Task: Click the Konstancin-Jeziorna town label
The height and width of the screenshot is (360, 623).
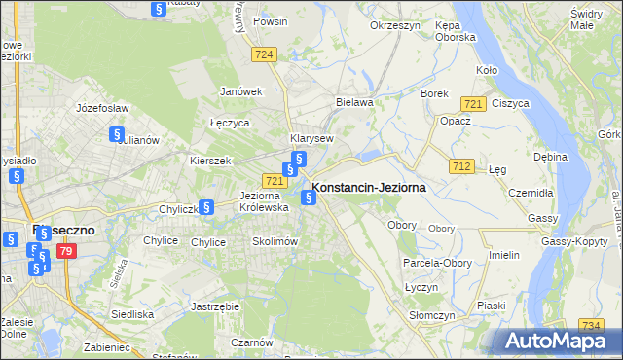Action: (x=369, y=188)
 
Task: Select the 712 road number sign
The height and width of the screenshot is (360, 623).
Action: (x=462, y=167)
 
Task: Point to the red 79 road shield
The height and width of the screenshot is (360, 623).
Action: (x=65, y=252)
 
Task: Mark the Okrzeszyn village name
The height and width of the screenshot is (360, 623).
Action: (x=393, y=25)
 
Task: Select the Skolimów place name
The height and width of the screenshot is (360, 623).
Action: (x=274, y=241)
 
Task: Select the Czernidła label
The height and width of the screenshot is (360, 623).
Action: (x=531, y=193)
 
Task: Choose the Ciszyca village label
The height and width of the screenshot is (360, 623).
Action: (x=510, y=102)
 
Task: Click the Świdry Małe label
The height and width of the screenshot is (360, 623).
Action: (x=587, y=19)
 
